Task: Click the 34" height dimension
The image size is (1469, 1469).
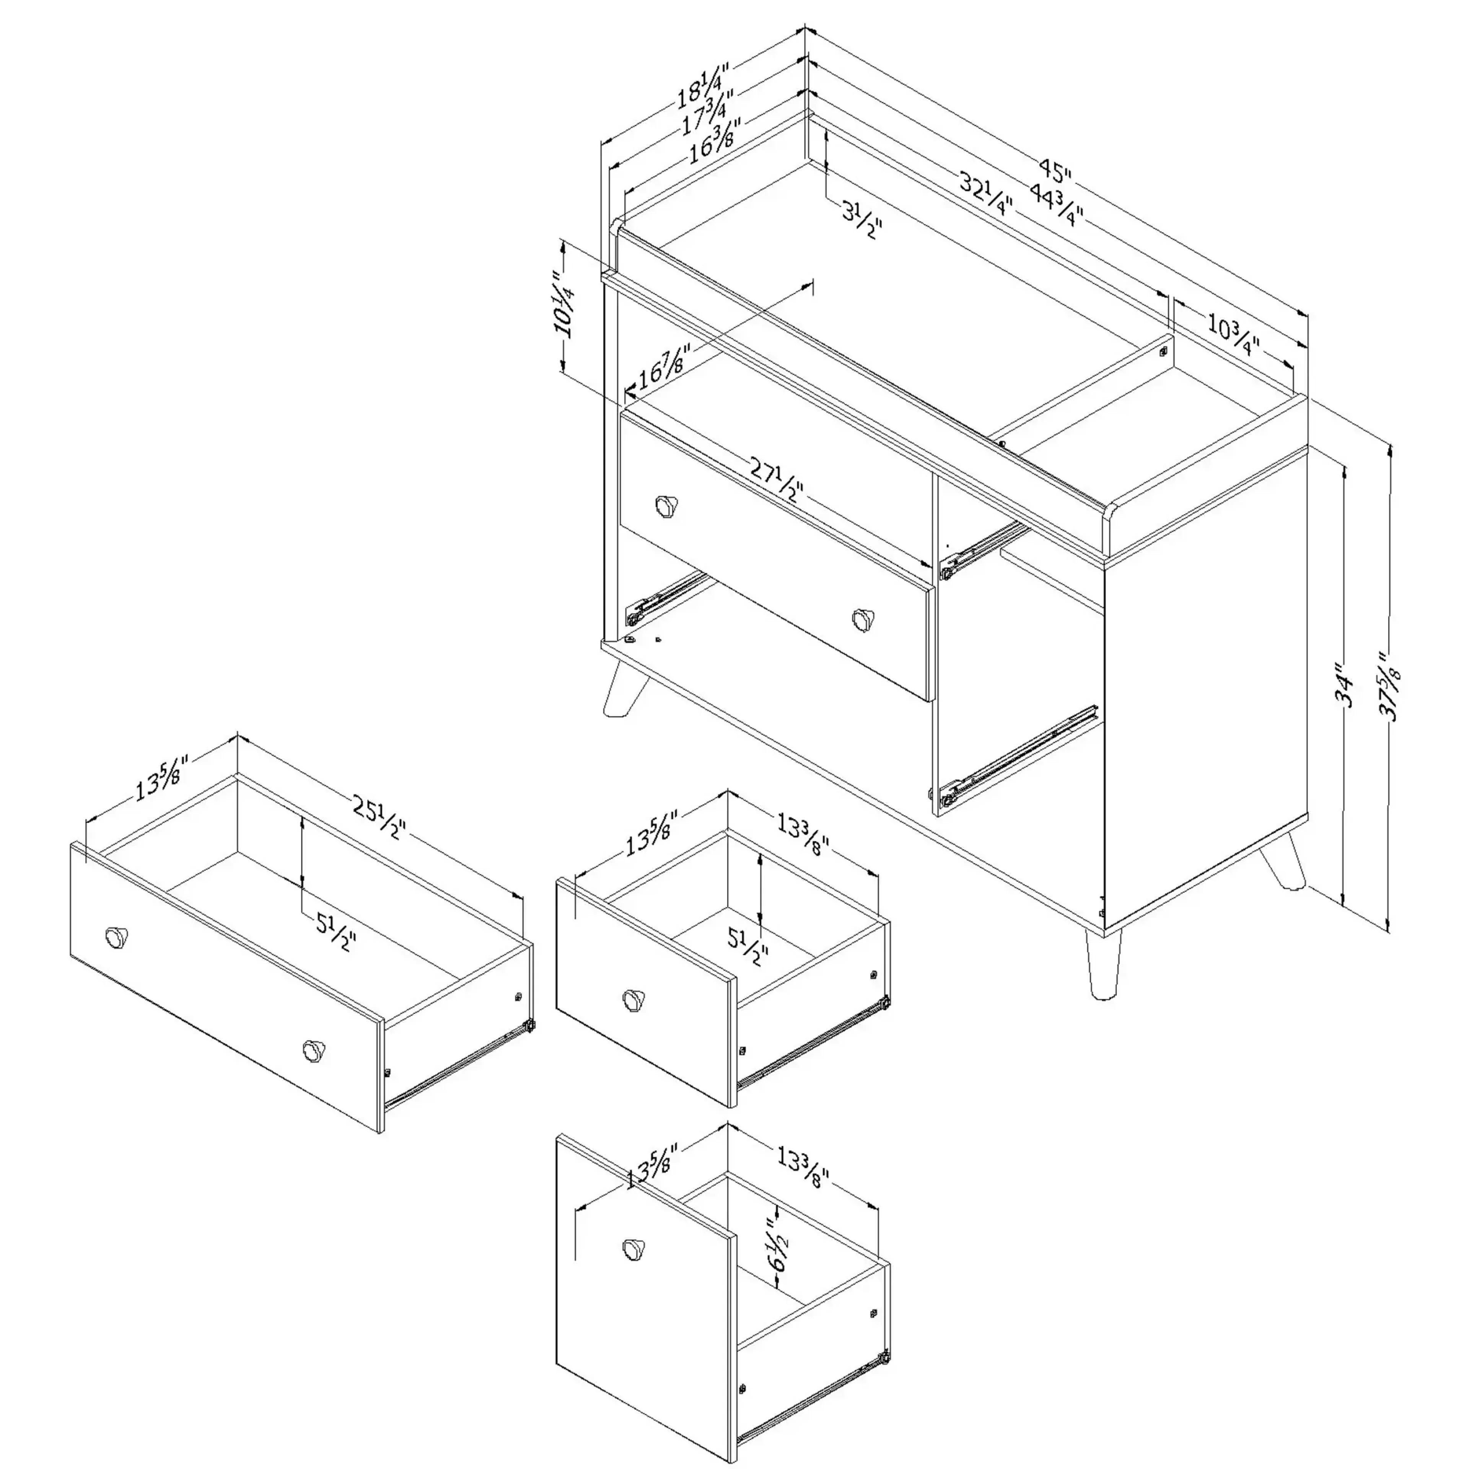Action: coord(1346,688)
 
